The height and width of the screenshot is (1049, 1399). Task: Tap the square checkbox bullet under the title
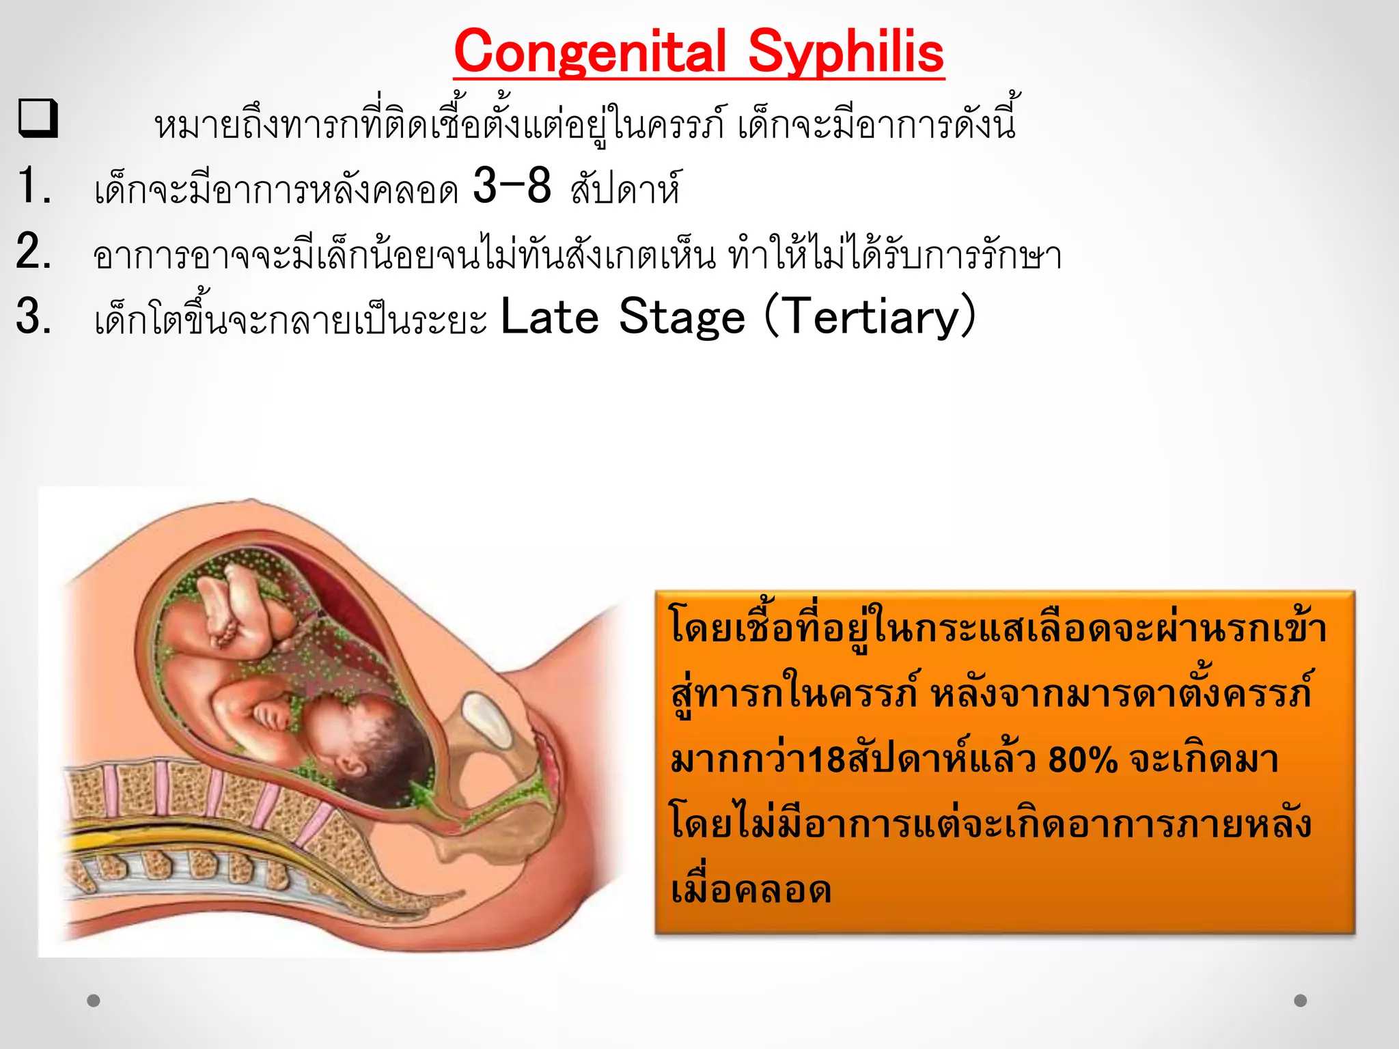[38, 119]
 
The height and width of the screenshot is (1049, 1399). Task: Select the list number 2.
[34, 251]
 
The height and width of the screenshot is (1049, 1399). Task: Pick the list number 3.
[34, 316]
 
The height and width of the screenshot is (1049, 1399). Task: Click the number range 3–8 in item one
[512, 186]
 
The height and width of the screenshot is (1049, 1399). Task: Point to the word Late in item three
[549, 317]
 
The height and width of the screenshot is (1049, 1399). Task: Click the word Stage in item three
[681, 317]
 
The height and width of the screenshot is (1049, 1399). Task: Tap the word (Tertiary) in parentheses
[870, 317]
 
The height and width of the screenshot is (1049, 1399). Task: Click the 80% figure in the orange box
[1083, 759]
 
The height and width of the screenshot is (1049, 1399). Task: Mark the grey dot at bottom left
[94, 1001]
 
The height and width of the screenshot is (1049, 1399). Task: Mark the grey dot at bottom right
[1301, 1001]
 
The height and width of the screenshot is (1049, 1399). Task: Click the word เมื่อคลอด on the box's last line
[751, 891]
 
